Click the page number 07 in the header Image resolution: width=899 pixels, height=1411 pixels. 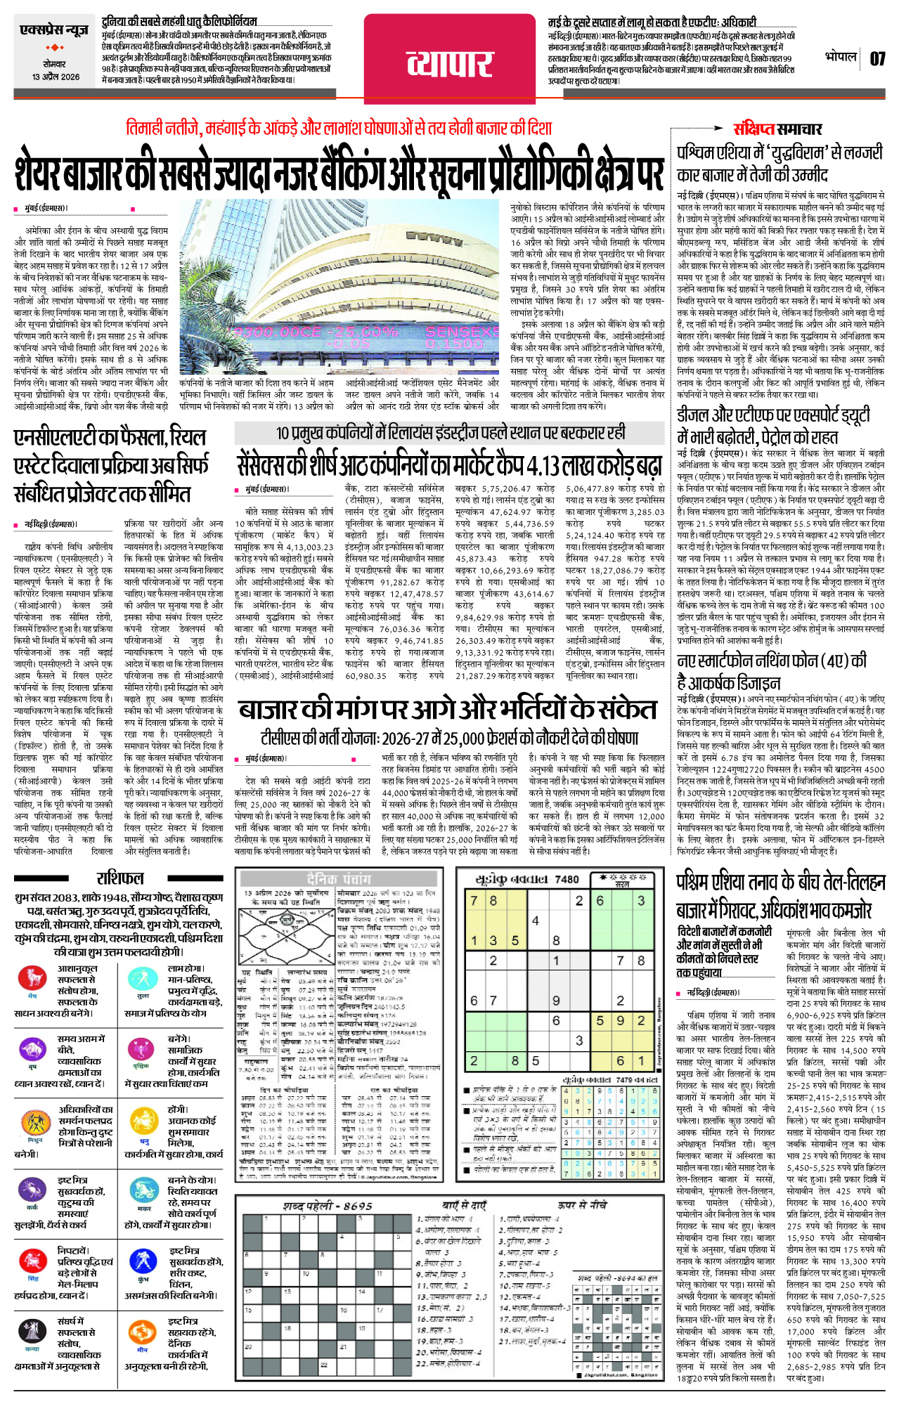tap(877, 59)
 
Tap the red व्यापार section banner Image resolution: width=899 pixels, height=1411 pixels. tap(450, 65)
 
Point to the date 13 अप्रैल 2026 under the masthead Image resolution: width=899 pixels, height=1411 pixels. tap(56, 77)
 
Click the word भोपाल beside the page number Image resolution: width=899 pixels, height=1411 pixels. tap(841, 57)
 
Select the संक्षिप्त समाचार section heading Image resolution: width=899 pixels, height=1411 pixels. tap(777, 129)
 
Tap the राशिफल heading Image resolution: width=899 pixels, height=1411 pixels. tap(120, 878)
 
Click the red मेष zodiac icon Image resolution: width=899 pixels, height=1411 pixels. tap(32, 977)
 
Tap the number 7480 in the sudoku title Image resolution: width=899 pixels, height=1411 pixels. tap(567, 879)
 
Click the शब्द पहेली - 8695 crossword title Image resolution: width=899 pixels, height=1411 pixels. tap(327, 1206)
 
